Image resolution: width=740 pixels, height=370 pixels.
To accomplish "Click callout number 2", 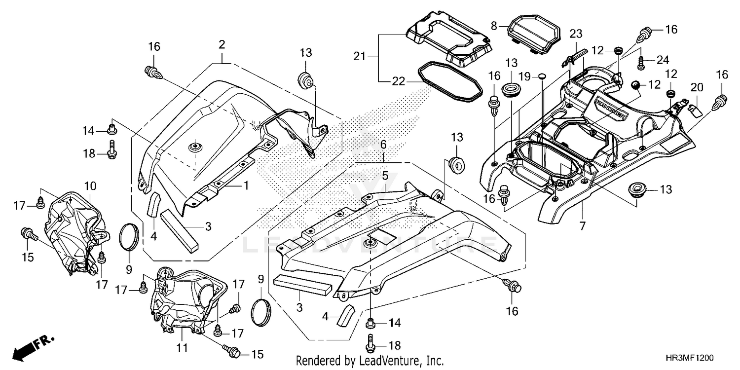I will click(x=222, y=45).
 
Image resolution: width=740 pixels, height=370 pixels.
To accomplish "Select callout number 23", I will click(x=576, y=34).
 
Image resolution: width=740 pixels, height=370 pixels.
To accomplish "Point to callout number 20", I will click(x=697, y=88).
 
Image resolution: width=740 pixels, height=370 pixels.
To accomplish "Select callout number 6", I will click(x=383, y=144).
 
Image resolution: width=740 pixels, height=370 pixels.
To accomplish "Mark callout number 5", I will click(x=385, y=176).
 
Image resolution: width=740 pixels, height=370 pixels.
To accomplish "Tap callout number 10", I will click(x=90, y=186).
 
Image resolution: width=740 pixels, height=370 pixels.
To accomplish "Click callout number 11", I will click(x=183, y=348).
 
